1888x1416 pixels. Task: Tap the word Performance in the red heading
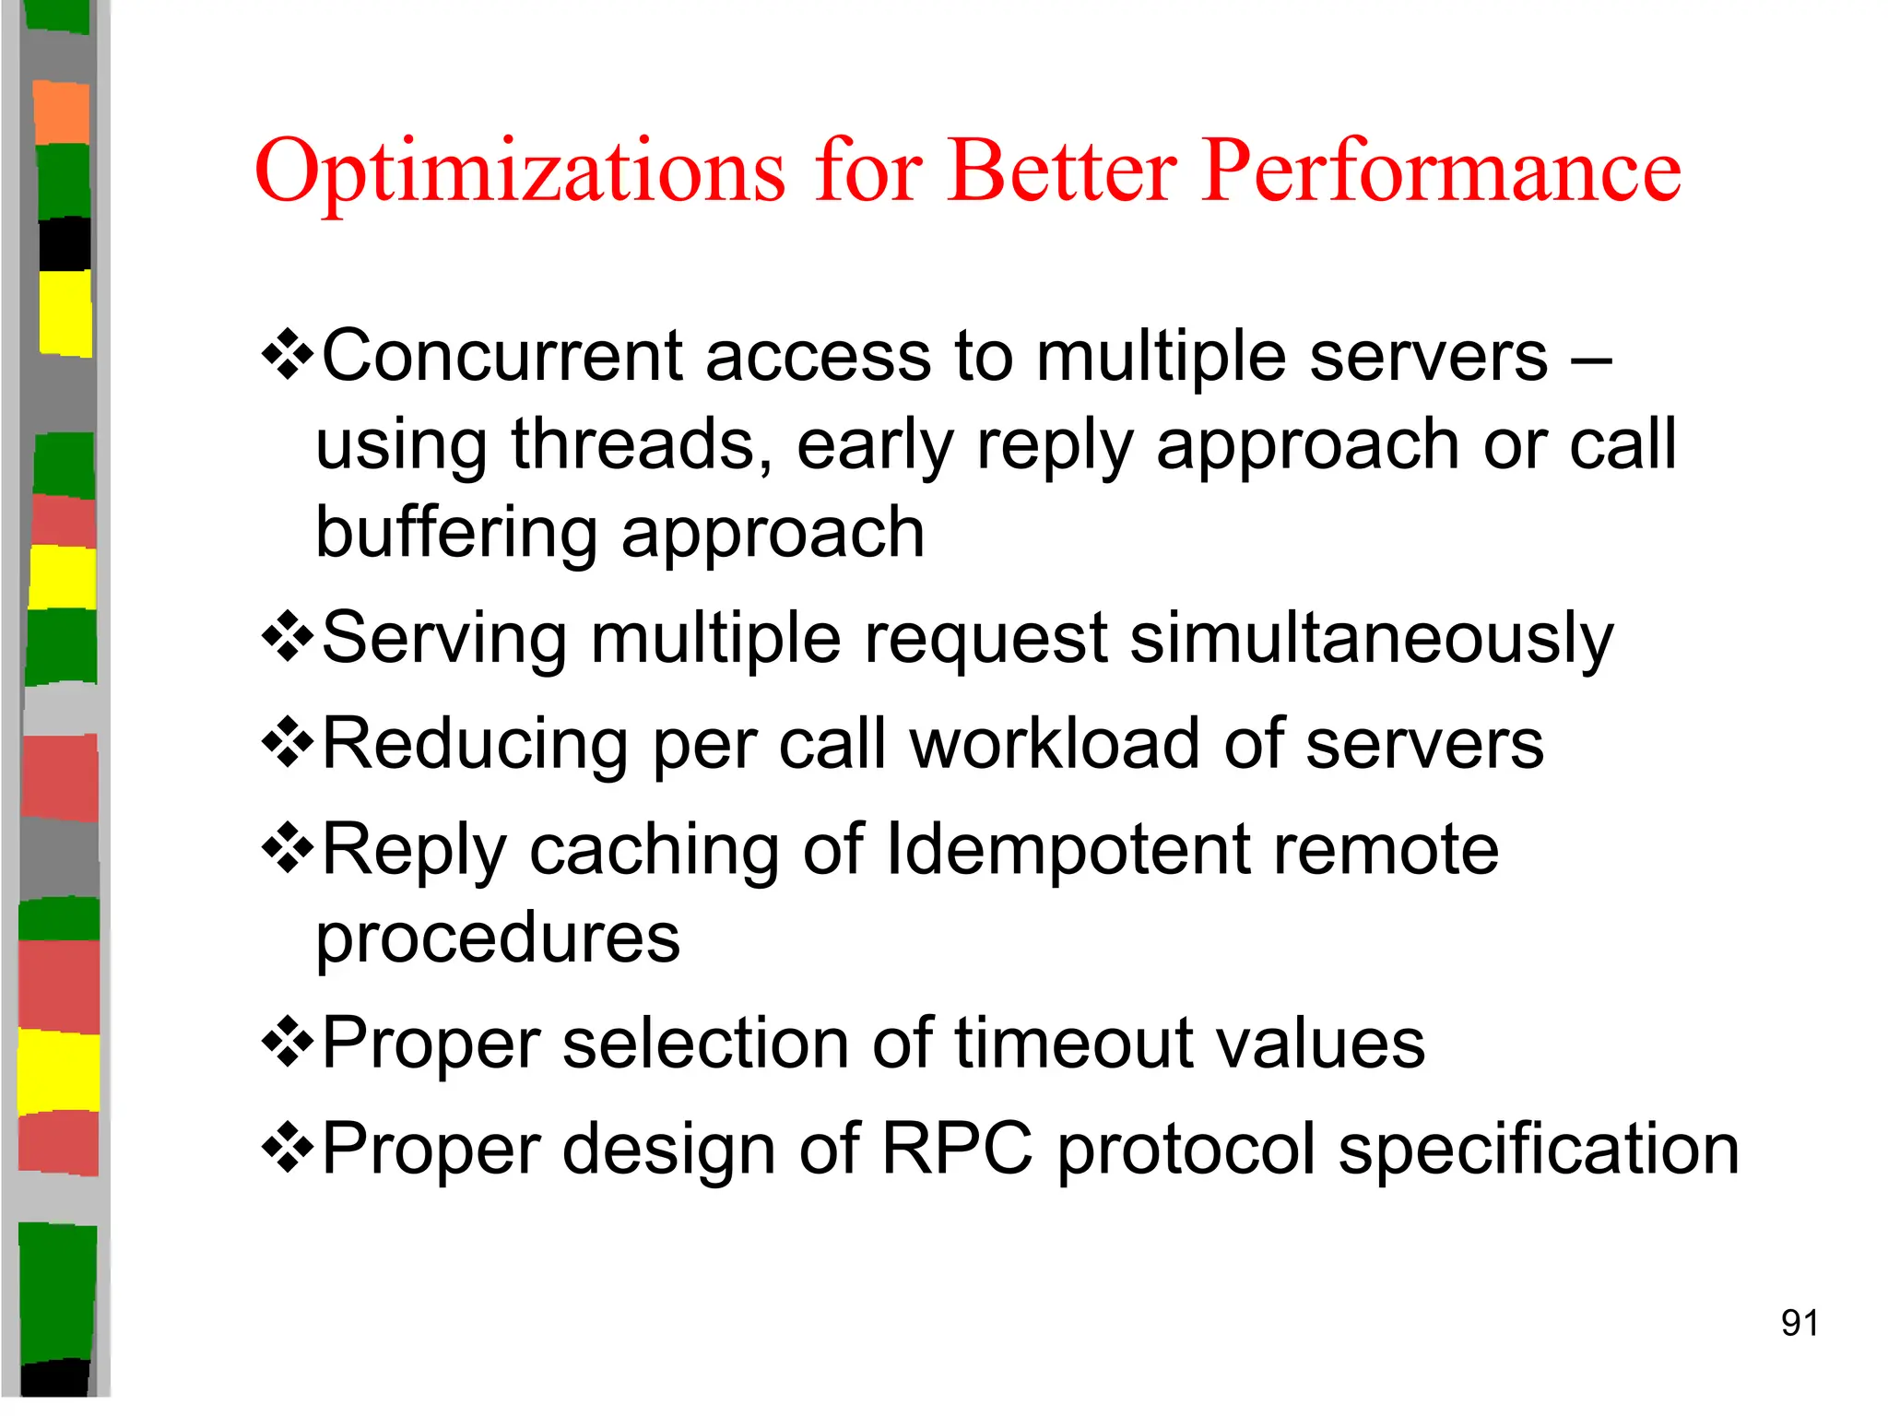tap(1442, 172)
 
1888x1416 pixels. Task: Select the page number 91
tap(1799, 1323)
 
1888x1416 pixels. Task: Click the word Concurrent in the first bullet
tap(501, 356)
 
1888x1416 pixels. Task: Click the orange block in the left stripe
tap(62, 112)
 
